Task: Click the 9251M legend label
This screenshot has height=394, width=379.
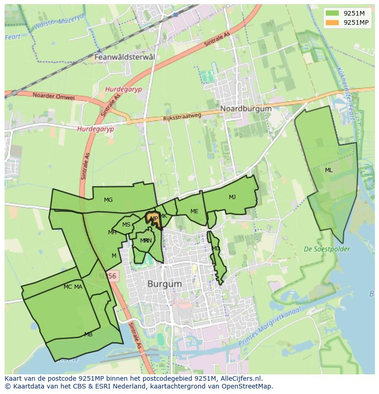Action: [354, 13]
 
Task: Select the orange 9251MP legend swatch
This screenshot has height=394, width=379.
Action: [333, 22]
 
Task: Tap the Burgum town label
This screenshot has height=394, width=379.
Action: [164, 284]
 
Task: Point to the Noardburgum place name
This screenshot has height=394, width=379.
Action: [246, 108]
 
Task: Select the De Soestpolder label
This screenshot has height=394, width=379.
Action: [327, 249]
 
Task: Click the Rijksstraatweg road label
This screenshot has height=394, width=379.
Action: [182, 117]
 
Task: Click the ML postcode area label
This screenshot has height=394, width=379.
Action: [329, 170]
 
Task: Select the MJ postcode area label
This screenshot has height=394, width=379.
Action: [233, 197]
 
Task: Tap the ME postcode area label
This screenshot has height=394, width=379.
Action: [195, 211]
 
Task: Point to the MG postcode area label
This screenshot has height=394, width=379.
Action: [108, 200]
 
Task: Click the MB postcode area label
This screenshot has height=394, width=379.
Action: [88, 335]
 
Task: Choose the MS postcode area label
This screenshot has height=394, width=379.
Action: [126, 224]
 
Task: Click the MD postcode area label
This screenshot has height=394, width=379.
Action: [216, 248]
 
